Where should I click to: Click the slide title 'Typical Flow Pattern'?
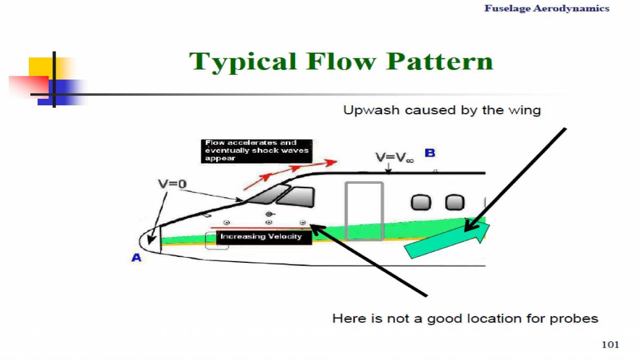click(x=341, y=62)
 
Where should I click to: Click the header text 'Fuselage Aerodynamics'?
click(x=547, y=9)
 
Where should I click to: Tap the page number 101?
click(x=610, y=345)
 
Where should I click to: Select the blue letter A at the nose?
click(x=137, y=257)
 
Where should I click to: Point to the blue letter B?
click(x=430, y=153)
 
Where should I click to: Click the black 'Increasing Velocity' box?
click(x=262, y=237)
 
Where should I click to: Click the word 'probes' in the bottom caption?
click(x=575, y=319)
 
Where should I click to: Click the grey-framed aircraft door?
click(x=364, y=210)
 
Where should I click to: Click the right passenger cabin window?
click(x=455, y=202)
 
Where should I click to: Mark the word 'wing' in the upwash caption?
click(x=525, y=111)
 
